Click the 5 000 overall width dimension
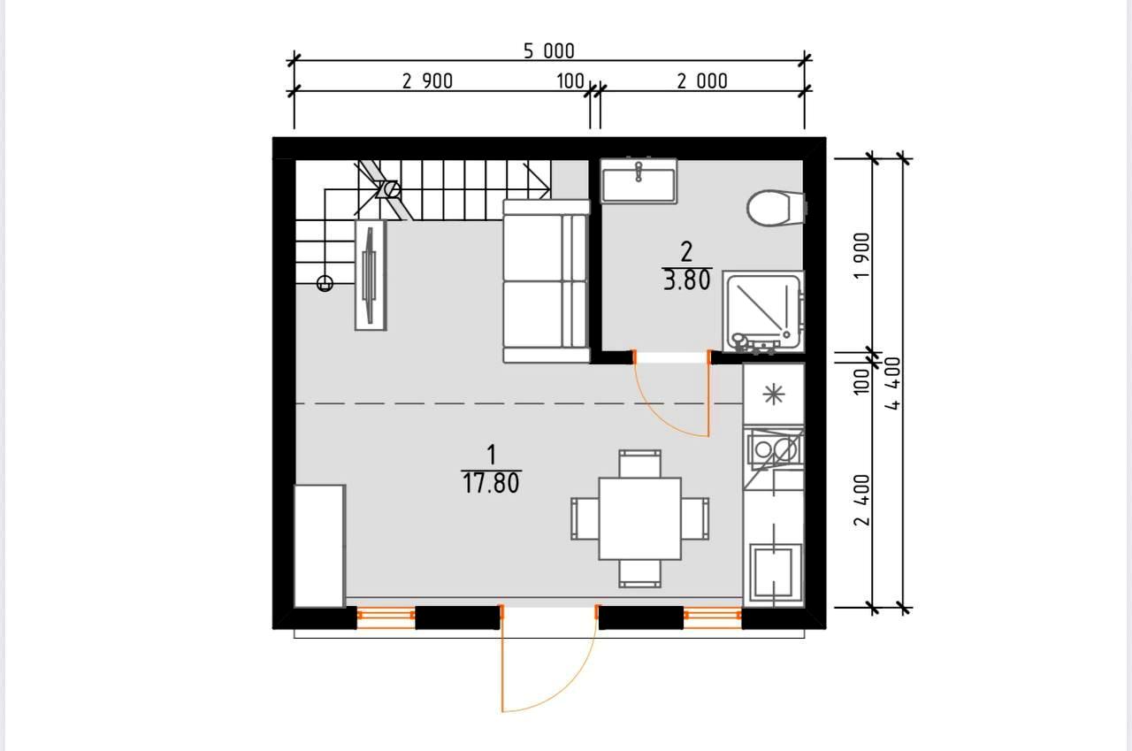tap(549, 51)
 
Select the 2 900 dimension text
tap(427, 81)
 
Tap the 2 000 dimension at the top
tap(702, 81)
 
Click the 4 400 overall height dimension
tap(893, 383)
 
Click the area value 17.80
tap(491, 484)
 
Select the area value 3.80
tap(687, 280)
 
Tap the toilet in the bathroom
tap(776, 208)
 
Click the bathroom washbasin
tap(639, 181)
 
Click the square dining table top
tap(639, 518)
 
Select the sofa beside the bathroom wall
tap(547, 281)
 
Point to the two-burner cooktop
tap(774, 448)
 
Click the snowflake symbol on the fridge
tap(774, 395)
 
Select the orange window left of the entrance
tap(386, 617)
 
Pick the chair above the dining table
tap(639, 464)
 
